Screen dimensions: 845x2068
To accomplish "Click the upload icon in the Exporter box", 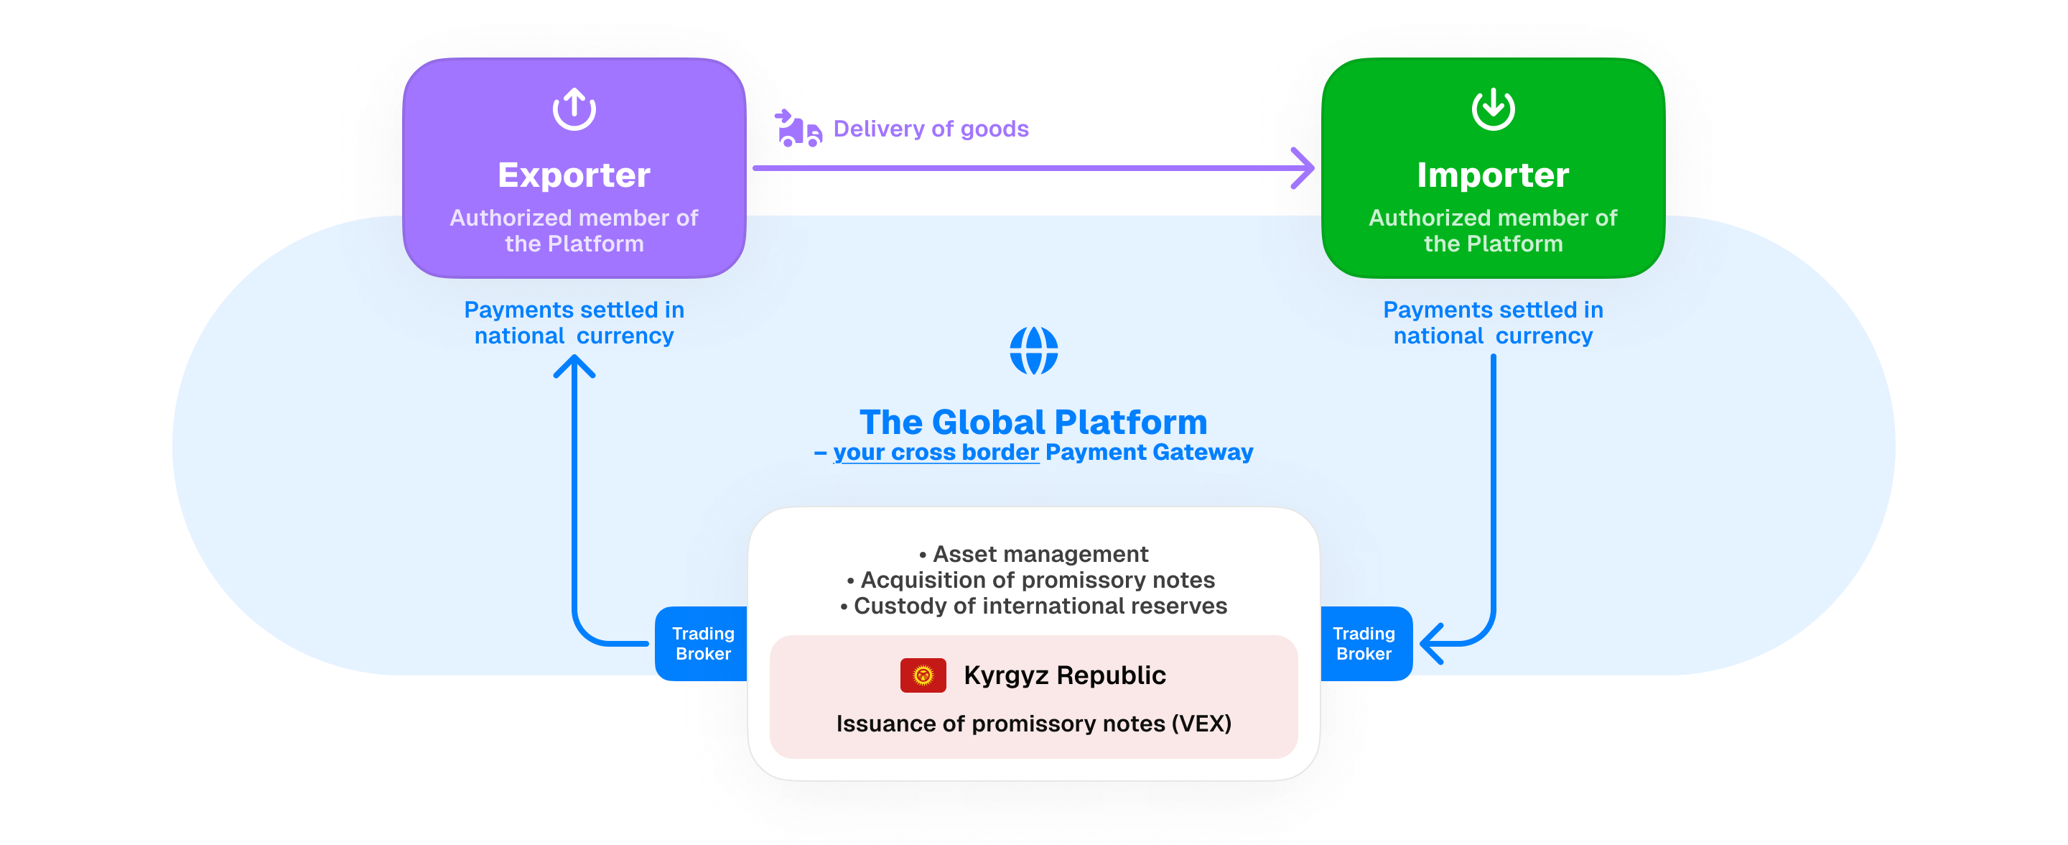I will click(574, 109).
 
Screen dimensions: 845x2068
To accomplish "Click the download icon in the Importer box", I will click(1494, 109).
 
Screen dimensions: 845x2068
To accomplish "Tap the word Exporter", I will click(574, 175).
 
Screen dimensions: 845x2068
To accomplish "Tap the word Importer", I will click(1494, 175).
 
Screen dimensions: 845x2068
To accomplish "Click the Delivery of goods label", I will click(931, 129).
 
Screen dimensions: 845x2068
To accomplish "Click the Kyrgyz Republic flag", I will click(923, 675).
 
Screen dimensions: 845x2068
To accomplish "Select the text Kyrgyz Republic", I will click(1064, 675).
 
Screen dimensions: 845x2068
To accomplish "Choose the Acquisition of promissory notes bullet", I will click(1031, 580).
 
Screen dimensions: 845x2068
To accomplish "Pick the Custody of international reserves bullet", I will click(1034, 606).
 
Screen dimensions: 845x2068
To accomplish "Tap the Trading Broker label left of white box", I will click(703, 643).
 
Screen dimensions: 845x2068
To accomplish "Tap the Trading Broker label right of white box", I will click(1364, 643).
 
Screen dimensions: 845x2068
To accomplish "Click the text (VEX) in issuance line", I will click(1201, 724).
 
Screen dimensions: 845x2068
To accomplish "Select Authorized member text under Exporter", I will click(574, 231).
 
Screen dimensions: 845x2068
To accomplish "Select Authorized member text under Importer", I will click(1494, 231).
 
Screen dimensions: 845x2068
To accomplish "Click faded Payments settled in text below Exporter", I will click(574, 310).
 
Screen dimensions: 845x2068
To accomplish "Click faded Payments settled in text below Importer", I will click(1494, 310).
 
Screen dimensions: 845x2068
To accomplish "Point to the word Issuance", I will click(885, 724).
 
